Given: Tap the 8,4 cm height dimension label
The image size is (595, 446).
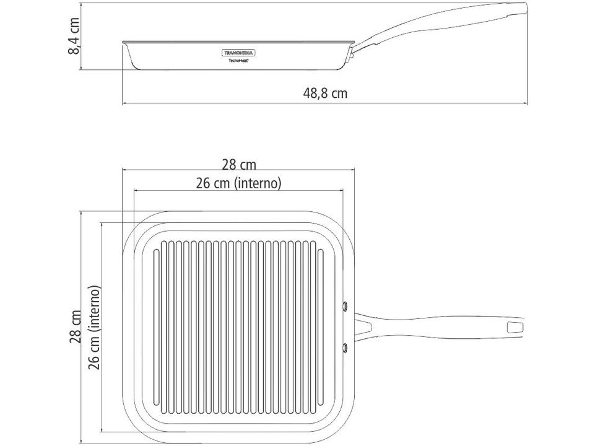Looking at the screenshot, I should (74, 36).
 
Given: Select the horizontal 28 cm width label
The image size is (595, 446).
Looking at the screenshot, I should (239, 164).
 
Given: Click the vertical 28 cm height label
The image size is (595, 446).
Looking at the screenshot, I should (76, 326).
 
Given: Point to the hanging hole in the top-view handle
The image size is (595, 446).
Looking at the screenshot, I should (515, 326).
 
